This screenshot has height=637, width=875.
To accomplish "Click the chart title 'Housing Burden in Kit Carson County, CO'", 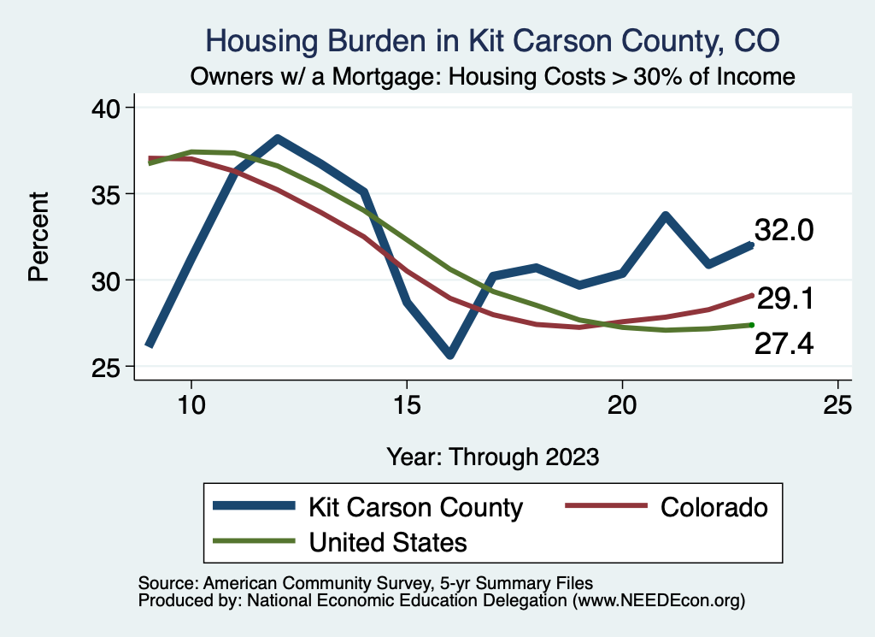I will pyautogui.click(x=493, y=41).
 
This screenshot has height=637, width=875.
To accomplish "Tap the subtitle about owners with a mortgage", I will pyautogui.click(x=493, y=76).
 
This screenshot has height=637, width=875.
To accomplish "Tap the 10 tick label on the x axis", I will pyautogui.click(x=191, y=405).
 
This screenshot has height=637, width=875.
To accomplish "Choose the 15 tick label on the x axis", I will pyautogui.click(x=407, y=405).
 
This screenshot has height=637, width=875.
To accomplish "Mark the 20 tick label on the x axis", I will pyautogui.click(x=622, y=405).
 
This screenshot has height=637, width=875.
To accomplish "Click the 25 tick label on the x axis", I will pyautogui.click(x=837, y=405).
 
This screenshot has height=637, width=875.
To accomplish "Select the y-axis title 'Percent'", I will pyautogui.click(x=38, y=237).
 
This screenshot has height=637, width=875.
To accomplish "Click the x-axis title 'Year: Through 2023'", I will pyautogui.click(x=493, y=456).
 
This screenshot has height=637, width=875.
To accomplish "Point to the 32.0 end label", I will pyautogui.click(x=784, y=231).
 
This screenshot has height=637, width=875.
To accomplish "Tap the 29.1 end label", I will pyautogui.click(x=784, y=299).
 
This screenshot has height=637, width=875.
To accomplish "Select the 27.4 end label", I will pyautogui.click(x=784, y=344).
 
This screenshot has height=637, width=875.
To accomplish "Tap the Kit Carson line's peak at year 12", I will pyautogui.click(x=277, y=139).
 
